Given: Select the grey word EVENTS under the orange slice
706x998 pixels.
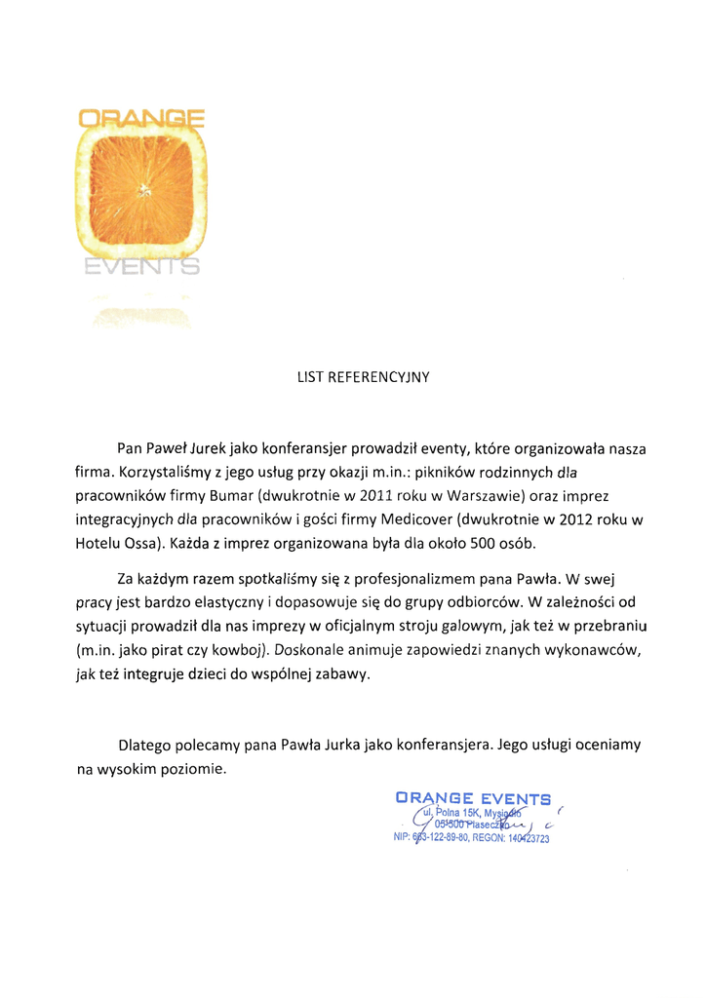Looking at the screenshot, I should click(140, 267).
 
